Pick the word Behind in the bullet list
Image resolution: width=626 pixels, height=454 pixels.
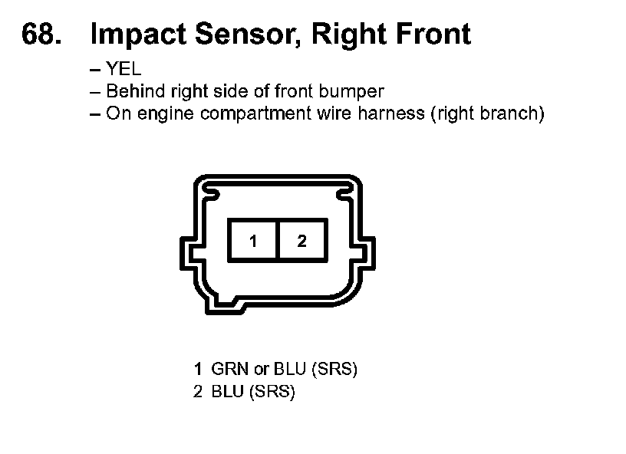coord(131,91)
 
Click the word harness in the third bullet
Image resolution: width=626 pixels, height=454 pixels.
coord(394,114)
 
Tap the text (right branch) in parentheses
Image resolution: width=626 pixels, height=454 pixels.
coord(487,115)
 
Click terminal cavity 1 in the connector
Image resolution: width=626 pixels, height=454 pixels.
coord(253,242)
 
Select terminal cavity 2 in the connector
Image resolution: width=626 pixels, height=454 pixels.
coord(301,242)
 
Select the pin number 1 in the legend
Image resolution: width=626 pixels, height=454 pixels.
coord(198,370)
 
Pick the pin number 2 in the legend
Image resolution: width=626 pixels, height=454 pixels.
coord(198,393)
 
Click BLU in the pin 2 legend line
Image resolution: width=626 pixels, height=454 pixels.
coord(227,393)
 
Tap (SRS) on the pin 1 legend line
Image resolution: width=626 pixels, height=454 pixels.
coord(335,370)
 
